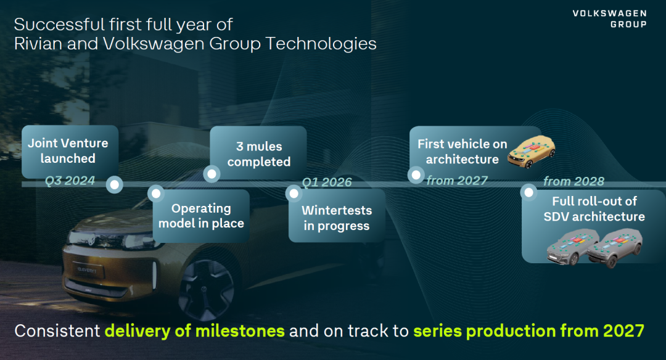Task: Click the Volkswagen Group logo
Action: (609, 18)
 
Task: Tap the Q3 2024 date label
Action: (70, 181)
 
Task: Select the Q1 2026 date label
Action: (327, 182)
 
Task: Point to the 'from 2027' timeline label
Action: (456, 181)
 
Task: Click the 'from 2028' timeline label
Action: (573, 181)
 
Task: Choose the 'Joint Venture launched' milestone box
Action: (70, 152)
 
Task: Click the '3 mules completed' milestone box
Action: (258, 153)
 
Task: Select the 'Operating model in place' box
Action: (201, 216)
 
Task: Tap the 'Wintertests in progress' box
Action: (337, 216)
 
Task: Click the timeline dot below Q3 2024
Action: (114, 185)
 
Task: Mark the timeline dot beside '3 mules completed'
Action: (212, 174)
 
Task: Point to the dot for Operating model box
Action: (156, 194)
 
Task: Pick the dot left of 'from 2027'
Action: (416, 175)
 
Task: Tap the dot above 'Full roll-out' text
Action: (529, 193)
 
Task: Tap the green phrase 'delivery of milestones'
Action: (194, 330)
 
